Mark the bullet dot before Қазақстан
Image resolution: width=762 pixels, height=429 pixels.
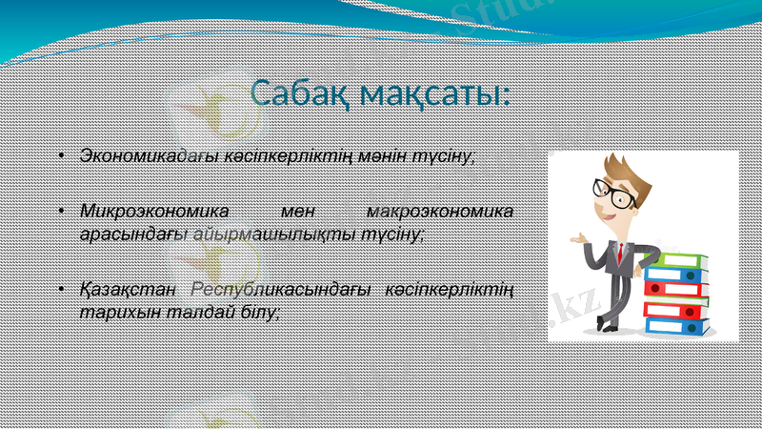(x=59, y=289)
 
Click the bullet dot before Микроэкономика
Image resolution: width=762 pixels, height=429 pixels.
(x=59, y=211)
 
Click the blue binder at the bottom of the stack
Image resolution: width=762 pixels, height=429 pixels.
(x=675, y=326)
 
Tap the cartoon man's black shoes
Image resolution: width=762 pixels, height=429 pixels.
(x=610, y=326)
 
